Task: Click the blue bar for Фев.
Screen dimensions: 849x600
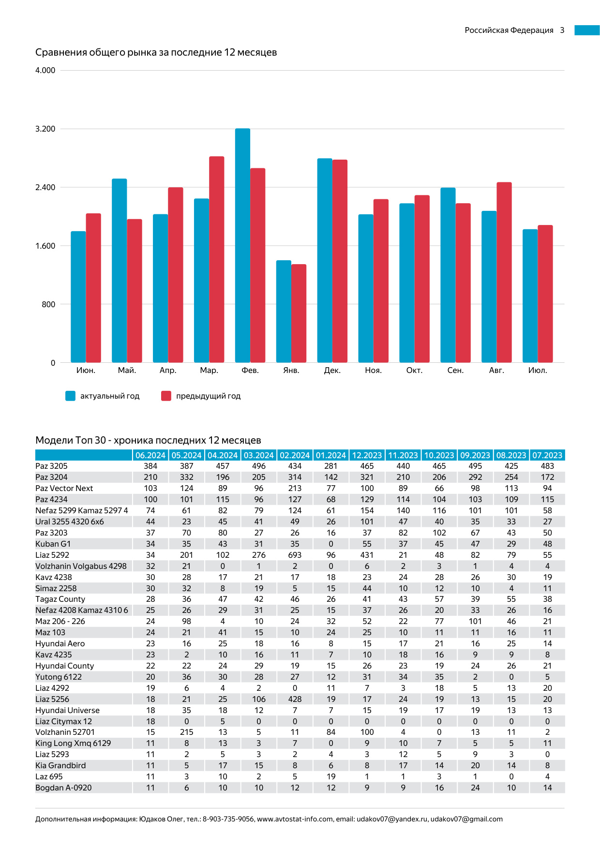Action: [242, 246]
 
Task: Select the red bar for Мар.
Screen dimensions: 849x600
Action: [217, 260]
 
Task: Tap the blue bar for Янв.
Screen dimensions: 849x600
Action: [284, 312]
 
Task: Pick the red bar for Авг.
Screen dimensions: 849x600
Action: [504, 272]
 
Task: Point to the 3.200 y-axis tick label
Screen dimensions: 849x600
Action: [45, 129]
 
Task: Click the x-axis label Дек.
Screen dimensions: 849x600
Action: [332, 371]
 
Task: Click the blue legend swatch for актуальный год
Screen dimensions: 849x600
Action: [71, 396]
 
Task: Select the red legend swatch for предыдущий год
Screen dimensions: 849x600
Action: [166, 396]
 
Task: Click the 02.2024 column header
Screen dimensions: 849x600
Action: [295, 455]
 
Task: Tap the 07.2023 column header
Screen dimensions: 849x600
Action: [547, 455]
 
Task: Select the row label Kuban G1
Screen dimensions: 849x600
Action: [53, 544]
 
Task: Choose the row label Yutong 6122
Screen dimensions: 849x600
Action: [59, 677]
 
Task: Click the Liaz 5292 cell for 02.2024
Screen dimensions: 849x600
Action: [295, 555]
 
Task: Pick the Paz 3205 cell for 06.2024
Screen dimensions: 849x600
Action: [150, 466]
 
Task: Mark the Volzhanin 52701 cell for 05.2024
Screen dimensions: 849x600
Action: [187, 732]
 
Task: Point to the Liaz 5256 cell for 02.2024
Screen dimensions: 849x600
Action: [295, 699]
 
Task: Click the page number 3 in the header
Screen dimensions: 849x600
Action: [562, 30]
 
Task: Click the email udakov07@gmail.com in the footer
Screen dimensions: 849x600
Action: [466, 819]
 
